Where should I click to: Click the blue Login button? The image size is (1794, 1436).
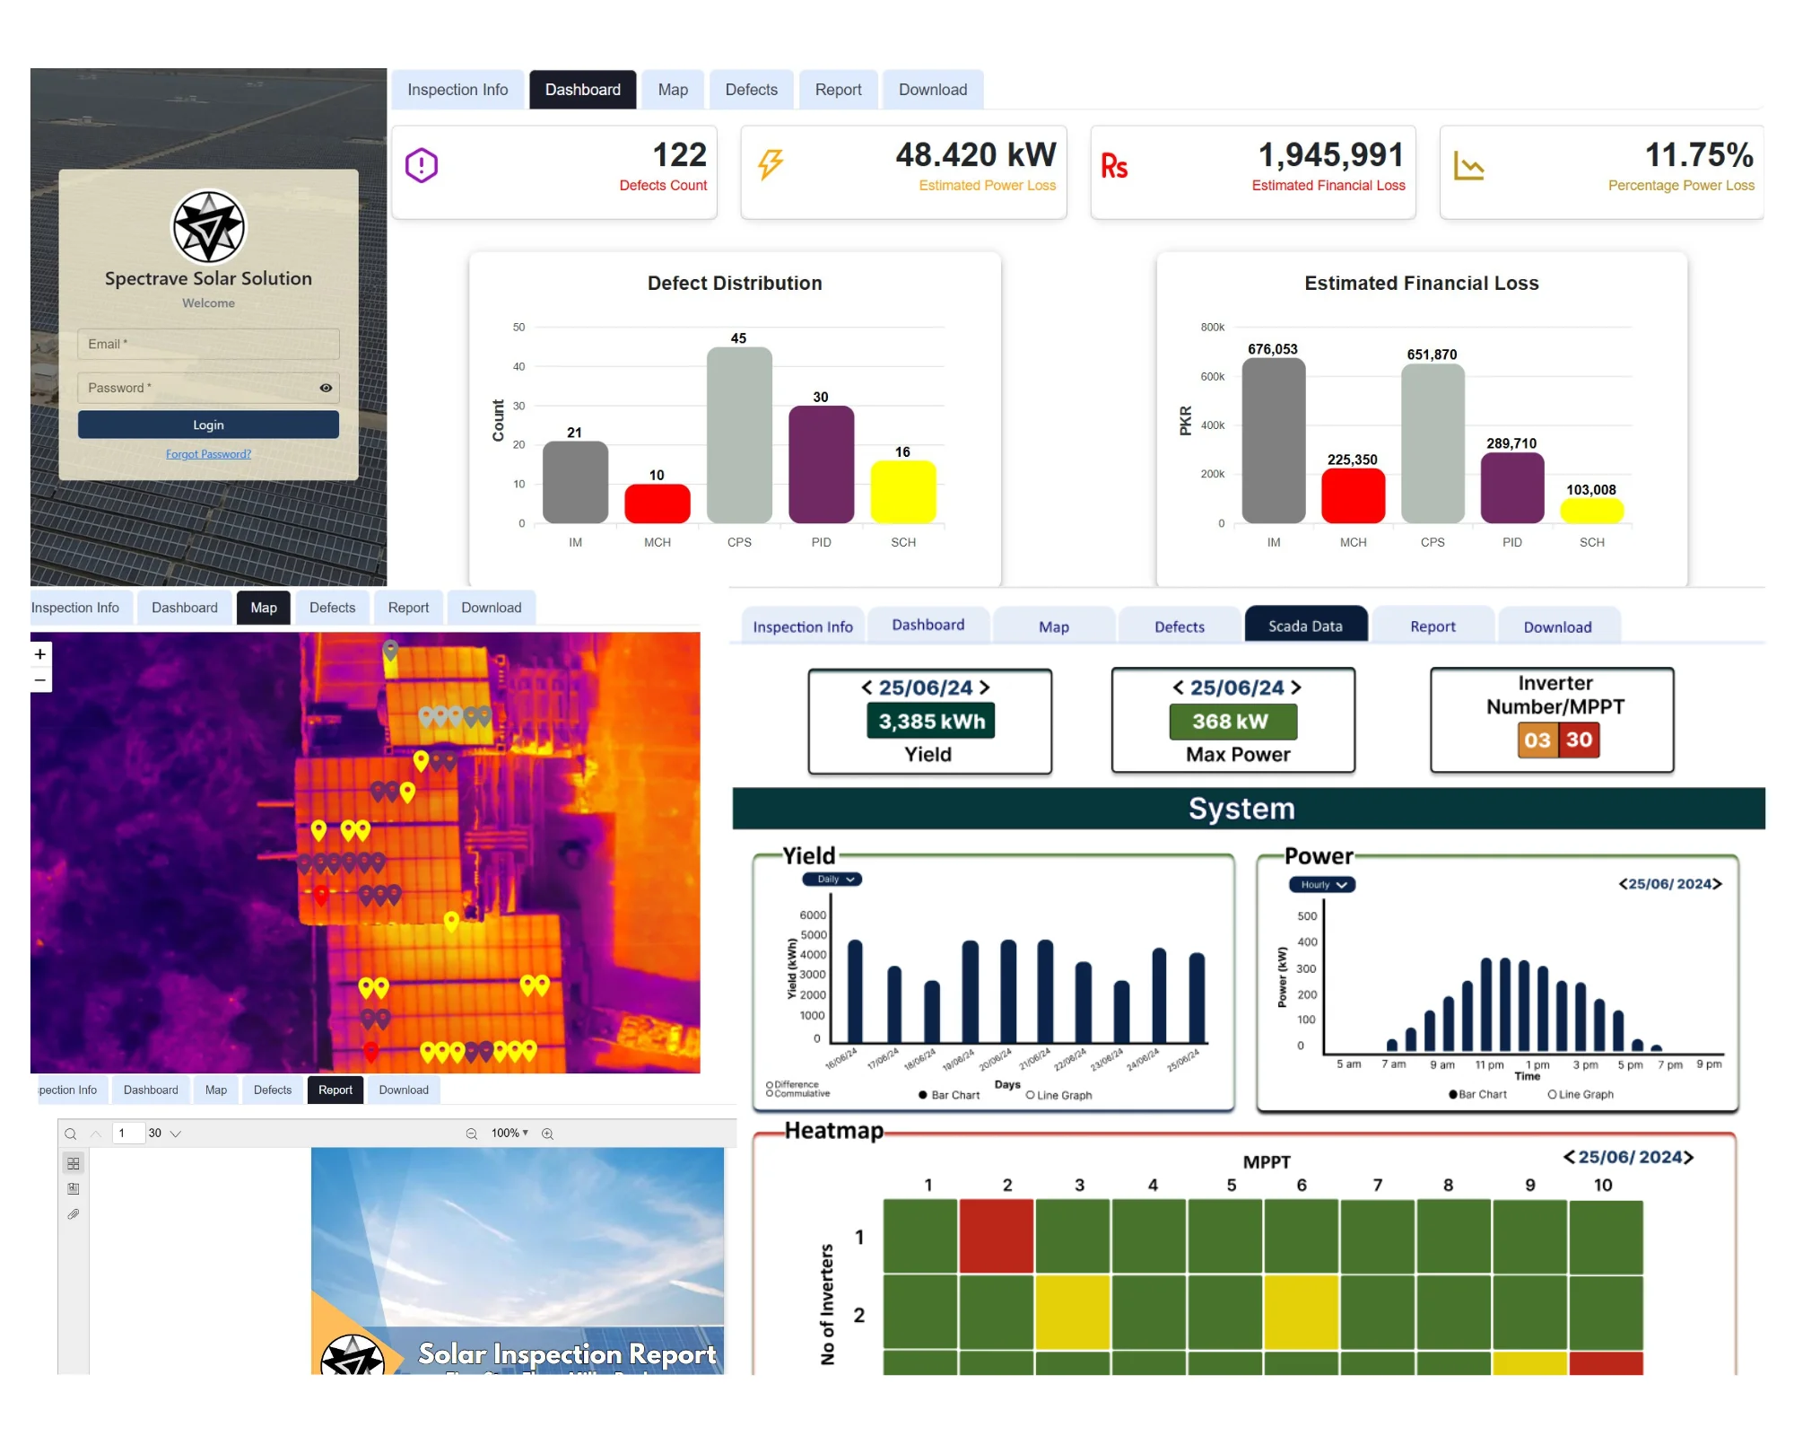coord(208,425)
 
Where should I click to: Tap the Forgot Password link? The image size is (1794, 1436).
coord(208,454)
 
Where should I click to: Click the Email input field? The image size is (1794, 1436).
coord(208,344)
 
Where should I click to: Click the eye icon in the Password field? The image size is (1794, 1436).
coord(326,388)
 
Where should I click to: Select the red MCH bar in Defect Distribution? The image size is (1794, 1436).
coord(657,503)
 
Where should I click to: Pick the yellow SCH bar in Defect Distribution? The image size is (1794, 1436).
coord(902,492)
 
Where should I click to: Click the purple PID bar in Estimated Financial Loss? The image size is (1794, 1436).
coord(1511,487)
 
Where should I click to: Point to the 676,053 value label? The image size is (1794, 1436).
coord(1272,349)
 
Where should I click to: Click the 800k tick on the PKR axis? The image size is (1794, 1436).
coord(1212,328)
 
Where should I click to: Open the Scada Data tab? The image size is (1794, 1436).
coord(1305,626)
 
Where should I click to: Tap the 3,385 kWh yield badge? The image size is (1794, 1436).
coord(931,722)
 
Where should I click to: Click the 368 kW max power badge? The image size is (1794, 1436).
coord(1232,722)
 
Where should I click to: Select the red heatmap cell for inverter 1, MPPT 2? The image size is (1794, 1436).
coord(996,1236)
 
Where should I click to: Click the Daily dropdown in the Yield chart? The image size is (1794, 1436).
coord(832,880)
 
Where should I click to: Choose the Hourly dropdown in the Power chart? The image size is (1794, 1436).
coord(1322,885)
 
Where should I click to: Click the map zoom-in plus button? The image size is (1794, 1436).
coord(40,654)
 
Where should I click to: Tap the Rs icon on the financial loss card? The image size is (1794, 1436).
coord(1114,166)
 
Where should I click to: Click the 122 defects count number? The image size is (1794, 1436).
coord(679,155)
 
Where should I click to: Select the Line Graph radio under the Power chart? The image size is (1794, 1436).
coord(1553,1094)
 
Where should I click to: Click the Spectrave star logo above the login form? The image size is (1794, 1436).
coord(208,227)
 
